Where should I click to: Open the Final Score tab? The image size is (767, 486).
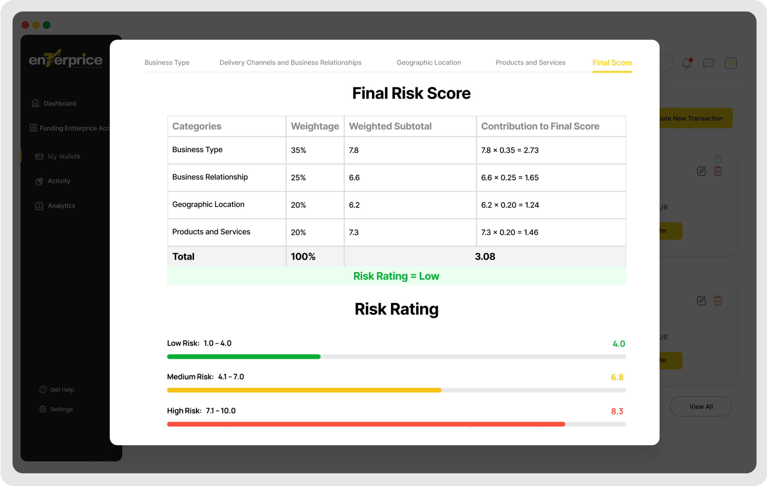coord(612,63)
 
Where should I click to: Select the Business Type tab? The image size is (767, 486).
coord(167,63)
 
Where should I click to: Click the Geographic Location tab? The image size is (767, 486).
coord(429,63)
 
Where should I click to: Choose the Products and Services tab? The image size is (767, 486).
coord(530,63)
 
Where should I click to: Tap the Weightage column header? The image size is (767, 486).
coord(315,126)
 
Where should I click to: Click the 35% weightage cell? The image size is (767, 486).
coord(298,150)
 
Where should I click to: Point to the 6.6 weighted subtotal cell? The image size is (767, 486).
coord(354,178)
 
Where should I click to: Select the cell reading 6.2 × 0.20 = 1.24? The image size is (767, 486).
coord(510,205)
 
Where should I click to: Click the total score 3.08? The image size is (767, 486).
coord(485,257)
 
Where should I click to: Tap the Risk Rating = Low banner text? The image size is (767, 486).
coord(396,276)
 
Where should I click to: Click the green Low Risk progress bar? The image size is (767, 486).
coord(244,357)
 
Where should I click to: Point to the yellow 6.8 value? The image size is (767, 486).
coord(617,377)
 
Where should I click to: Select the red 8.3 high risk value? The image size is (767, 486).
coord(617,411)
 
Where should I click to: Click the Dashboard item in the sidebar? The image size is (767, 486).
coord(60,103)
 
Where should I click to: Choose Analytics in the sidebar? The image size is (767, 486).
coord(61,206)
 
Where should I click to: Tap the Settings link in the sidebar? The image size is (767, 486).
coord(61,409)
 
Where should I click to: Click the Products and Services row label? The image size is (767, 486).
coord(211,232)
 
